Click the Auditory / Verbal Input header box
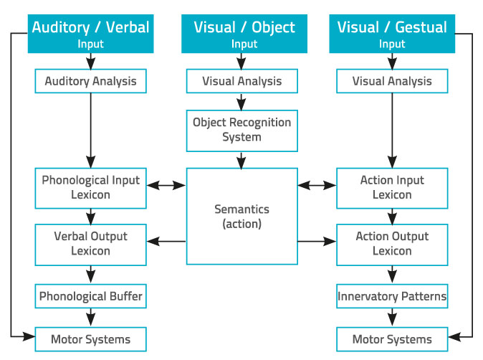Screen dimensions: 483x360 (x=90, y=34)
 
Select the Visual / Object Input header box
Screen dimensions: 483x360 (x=244, y=34)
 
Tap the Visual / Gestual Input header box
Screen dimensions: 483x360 (x=392, y=34)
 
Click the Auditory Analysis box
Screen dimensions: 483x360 (x=90, y=81)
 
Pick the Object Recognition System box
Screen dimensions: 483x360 (x=242, y=131)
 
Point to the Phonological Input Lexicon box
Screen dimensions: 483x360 (x=90, y=189)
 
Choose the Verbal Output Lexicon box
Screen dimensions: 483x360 (x=90, y=245)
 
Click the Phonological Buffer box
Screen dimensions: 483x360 (x=90, y=296)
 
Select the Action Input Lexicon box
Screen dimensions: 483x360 (x=392, y=189)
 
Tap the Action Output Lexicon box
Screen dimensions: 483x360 (x=392, y=245)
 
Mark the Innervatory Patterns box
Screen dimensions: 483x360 (x=392, y=296)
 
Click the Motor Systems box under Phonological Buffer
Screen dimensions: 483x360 (x=90, y=339)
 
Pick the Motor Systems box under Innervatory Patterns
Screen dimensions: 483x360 (x=392, y=339)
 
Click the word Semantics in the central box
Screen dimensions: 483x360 (x=241, y=209)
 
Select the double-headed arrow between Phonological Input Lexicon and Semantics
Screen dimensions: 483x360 (x=166, y=186)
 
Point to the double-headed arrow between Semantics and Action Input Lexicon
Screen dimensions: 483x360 (x=317, y=186)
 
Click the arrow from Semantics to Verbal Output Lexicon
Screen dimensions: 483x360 (x=166, y=242)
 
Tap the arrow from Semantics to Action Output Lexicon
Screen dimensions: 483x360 (x=317, y=242)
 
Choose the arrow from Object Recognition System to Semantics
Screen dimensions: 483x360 (x=241, y=160)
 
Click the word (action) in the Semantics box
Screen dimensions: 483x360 (x=241, y=224)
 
